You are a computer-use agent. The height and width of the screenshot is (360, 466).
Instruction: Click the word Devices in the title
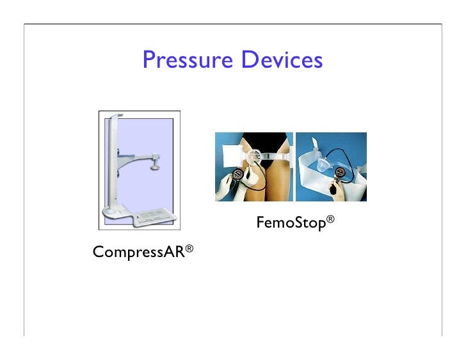(282, 60)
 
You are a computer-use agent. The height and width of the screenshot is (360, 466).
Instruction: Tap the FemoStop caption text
(291, 223)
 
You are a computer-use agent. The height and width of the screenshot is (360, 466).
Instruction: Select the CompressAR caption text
(138, 252)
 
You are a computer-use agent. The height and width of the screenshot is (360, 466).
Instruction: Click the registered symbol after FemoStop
(330, 219)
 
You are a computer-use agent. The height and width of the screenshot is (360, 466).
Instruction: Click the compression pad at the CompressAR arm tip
(156, 166)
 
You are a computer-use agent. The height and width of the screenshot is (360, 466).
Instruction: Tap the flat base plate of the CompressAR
(151, 217)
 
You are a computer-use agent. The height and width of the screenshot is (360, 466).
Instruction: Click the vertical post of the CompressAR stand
(115, 160)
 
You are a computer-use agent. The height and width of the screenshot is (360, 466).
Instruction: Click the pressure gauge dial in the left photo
(238, 174)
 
